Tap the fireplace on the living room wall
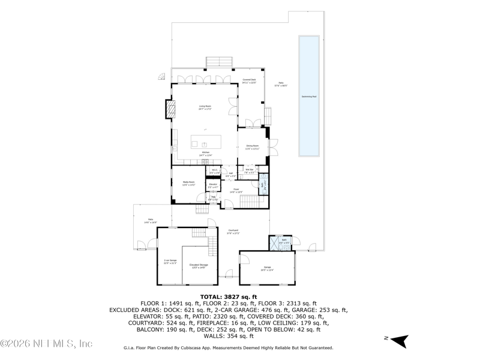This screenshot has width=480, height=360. point(170,110)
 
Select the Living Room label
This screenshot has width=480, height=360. point(205,107)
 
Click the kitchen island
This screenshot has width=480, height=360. point(205,142)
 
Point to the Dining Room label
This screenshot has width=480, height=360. point(253,146)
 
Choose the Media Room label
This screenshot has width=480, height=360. point(189,184)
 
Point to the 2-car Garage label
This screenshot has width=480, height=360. point(170,261)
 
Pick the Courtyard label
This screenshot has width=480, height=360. point(233,232)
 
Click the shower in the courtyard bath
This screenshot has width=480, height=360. point(274,242)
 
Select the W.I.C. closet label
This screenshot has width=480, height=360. point(214,171)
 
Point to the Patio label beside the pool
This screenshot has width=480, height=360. point(281,85)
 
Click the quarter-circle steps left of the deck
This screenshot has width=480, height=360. point(161,76)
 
